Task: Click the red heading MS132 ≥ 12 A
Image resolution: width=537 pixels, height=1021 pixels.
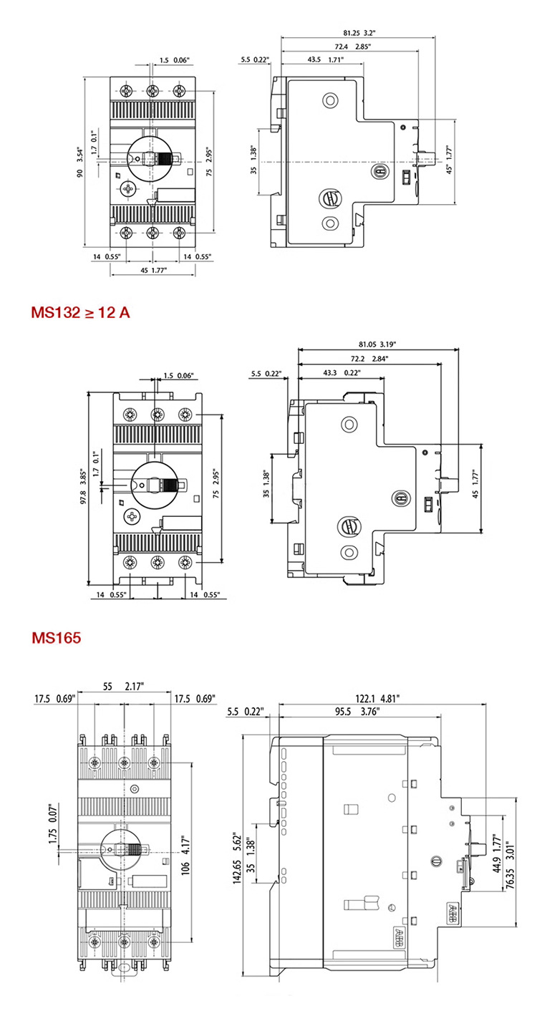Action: pos(80,313)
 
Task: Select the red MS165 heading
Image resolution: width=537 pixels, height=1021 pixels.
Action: pos(56,637)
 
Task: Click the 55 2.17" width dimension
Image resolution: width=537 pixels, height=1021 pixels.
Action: pos(123,685)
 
